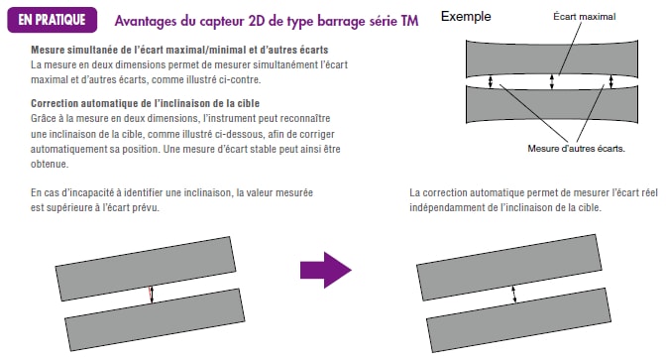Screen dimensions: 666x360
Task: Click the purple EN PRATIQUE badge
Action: pos(53,20)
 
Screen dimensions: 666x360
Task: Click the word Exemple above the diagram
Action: pos(466,17)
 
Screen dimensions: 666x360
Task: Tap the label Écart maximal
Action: pos(585,17)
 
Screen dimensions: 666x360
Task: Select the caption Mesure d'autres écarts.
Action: pos(577,149)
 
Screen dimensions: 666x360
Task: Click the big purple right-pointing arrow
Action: pos(326,270)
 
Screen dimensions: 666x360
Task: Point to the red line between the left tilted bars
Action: pos(150,295)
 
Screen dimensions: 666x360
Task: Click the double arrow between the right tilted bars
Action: pos(514,295)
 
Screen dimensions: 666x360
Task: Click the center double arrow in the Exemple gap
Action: pos(552,81)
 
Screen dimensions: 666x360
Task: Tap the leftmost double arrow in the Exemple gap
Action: pos(491,81)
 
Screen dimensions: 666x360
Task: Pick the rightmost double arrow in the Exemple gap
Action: pos(611,81)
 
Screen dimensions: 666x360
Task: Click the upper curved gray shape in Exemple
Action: pos(552,59)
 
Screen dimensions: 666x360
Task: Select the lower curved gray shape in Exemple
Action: pos(552,104)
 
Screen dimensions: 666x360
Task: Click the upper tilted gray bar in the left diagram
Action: pos(146,269)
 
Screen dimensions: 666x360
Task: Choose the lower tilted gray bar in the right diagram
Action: pos(518,320)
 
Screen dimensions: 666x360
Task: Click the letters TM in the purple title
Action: pos(409,21)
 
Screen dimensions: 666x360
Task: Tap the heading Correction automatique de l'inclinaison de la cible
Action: pos(145,103)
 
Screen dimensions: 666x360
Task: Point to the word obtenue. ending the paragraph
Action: pos(50,164)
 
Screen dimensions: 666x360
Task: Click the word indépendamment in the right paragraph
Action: pos(446,208)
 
